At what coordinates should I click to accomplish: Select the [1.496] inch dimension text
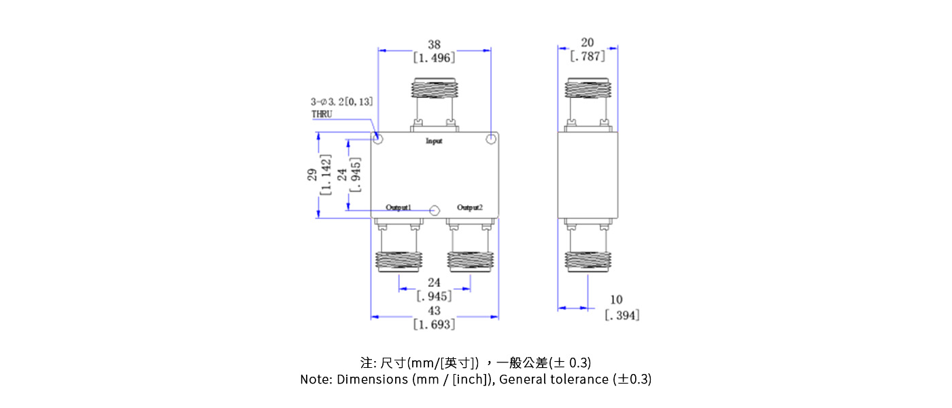tap(434, 58)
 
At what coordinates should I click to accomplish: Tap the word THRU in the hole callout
tap(322, 114)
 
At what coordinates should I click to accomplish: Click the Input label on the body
tap(434, 141)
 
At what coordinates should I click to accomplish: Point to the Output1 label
tap(398, 207)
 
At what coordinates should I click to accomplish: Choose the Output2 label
tap(470, 207)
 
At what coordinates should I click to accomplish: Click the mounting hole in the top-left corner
tap(379, 139)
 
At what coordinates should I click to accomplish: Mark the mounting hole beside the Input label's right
tap(491, 139)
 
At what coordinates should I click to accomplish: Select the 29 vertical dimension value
tap(312, 175)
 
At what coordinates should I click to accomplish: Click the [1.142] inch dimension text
tap(325, 175)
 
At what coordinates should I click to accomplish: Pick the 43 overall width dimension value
tap(434, 311)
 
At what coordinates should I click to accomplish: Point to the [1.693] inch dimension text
tap(434, 324)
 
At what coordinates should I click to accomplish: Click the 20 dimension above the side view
tap(588, 43)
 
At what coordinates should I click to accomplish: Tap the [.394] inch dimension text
tap(622, 315)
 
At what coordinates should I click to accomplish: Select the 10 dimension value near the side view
tap(616, 300)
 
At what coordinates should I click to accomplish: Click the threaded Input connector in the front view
tap(434, 90)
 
